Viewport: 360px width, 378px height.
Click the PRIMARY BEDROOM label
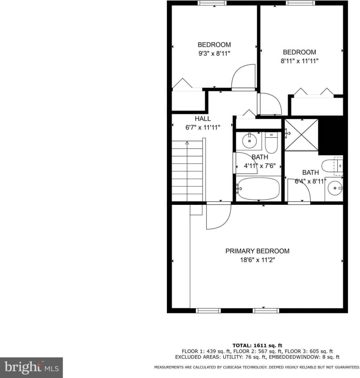pos(257,251)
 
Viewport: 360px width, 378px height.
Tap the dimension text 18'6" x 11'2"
pos(257,260)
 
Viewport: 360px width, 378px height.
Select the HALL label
pos(203,119)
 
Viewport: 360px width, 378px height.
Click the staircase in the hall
pos(187,171)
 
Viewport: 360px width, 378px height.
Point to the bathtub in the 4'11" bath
pos(258,188)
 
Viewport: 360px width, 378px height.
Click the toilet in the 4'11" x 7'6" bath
pos(272,144)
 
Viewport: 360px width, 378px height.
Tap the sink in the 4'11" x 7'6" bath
pos(249,141)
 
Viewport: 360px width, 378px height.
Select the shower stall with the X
pos(301,135)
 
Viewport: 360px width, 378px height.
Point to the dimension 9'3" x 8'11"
pos(214,53)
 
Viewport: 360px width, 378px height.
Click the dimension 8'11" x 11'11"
pos(299,61)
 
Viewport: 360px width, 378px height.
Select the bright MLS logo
pos(31,368)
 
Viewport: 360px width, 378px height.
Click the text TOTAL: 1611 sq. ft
pos(257,345)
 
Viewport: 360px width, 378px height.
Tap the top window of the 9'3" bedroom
pos(212,3)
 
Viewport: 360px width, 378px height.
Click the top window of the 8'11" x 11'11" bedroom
pos(300,3)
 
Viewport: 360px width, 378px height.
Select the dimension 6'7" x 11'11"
pos(202,128)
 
